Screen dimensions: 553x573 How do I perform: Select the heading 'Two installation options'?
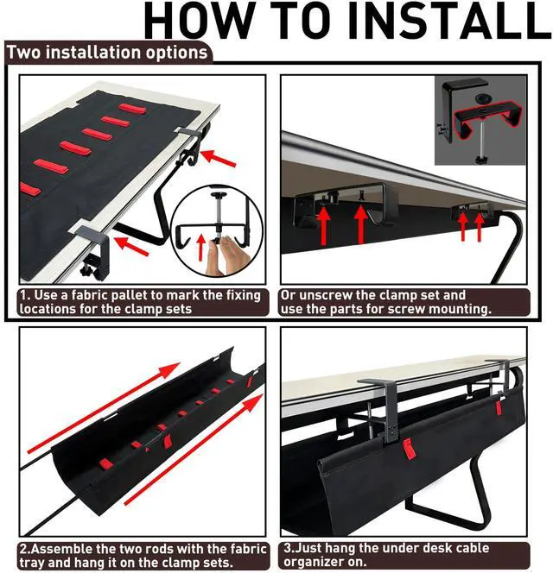pos(107,53)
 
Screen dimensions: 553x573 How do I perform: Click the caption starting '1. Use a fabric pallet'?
pos(141,302)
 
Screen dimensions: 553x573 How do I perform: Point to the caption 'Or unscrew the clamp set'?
pos(385,302)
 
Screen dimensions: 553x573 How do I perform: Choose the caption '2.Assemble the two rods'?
pos(143,556)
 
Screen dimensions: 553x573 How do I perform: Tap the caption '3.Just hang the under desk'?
pos(386,555)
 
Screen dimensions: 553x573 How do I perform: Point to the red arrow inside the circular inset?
pos(201,248)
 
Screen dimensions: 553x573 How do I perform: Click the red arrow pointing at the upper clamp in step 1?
pos(218,158)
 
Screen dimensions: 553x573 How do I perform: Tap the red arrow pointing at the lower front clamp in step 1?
pos(131,246)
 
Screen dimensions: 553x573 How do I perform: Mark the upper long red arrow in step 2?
pos(104,408)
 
